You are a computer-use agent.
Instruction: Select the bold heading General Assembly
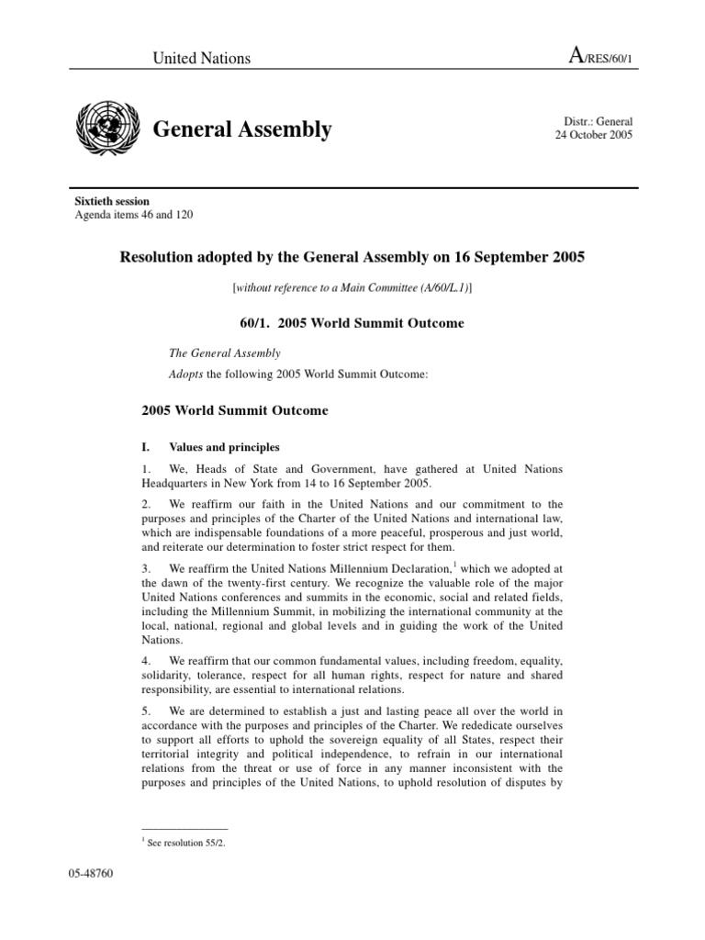241,129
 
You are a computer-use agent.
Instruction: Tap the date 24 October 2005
593,135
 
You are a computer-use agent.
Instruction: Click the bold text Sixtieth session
111,201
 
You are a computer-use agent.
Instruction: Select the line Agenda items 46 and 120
133,215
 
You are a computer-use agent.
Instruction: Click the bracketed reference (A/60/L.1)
437,287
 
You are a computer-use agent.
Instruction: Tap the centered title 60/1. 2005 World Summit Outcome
352,323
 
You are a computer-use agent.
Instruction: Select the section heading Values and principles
224,448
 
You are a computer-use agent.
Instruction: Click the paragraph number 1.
146,470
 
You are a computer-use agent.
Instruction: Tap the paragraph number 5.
146,711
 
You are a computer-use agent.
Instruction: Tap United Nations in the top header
201,58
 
